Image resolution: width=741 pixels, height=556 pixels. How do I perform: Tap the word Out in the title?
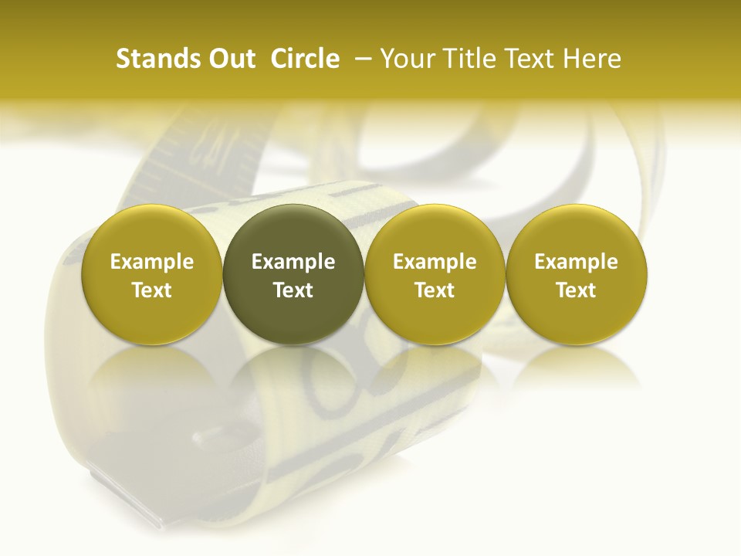(231, 59)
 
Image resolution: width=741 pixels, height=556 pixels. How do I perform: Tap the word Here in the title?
(593, 59)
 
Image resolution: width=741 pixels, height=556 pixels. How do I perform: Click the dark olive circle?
(293, 274)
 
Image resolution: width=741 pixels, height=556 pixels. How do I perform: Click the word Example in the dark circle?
(293, 262)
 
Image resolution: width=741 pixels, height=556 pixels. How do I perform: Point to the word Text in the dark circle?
(293, 290)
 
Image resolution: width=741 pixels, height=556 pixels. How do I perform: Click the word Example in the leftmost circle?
(152, 262)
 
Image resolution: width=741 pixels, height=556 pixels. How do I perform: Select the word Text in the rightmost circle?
(577, 290)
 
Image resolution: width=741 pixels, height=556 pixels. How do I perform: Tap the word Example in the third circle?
(435, 262)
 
